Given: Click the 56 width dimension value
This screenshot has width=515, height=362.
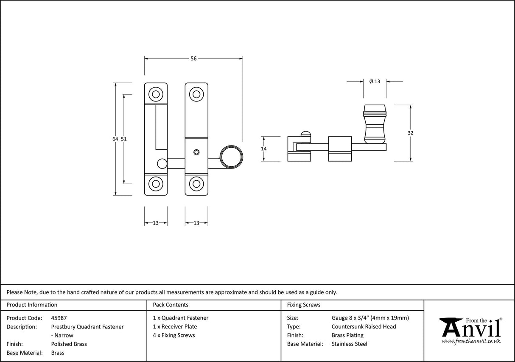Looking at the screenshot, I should coord(193,59).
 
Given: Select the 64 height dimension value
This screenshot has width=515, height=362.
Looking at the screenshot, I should coord(115,139).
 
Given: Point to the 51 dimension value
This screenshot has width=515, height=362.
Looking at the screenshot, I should coord(124,139).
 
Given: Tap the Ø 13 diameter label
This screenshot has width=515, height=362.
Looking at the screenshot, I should coord(375,81).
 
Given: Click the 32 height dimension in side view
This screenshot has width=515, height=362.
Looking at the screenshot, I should coord(410,133).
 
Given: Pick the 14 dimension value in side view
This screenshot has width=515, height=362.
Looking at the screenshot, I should coord(264,149).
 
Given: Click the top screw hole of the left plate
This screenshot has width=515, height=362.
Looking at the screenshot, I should coord(156,94).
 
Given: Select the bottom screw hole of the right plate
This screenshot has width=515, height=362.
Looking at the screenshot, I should coord(196,184).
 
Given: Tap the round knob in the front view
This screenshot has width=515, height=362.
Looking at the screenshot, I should coord(232,156).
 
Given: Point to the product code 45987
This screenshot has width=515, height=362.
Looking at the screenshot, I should coord(59,318).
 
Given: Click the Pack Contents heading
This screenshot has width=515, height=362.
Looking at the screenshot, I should coord(171,305).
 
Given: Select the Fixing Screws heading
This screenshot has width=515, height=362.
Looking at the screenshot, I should coord(304,305).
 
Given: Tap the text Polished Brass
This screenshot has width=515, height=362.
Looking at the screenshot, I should coord(69,344).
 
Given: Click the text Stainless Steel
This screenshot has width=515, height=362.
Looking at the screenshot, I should coord(349,344).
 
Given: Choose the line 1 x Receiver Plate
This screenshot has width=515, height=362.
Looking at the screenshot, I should coord(175,327).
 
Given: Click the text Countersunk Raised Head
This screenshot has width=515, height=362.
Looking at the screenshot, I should coord(364,327).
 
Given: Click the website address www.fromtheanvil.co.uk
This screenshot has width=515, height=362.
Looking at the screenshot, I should coord(471,341).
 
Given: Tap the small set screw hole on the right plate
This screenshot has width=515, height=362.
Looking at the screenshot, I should coord(196,152).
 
